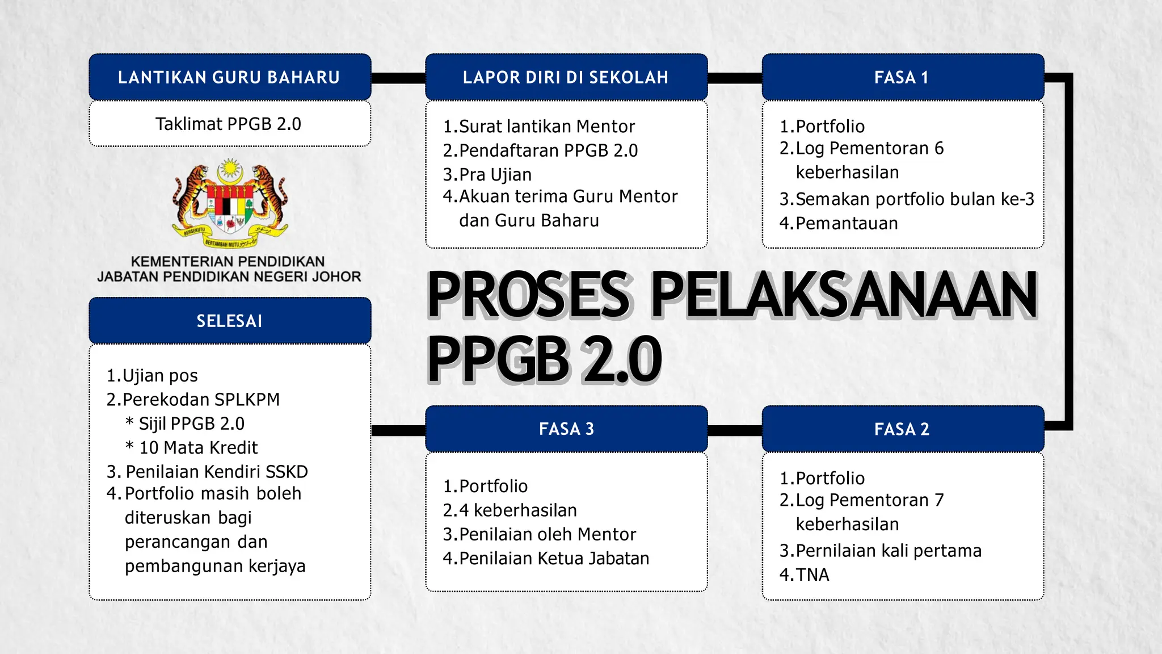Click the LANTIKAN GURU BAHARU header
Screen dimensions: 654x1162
pos(229,77)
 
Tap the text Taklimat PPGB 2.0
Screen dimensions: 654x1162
pos(229,124)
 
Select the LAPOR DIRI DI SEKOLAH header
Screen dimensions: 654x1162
pos(566,77)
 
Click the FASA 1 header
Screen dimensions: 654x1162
pos(902,77)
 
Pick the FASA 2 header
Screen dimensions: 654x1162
pos(902,429)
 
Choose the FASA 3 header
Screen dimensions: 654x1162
pos(566,429)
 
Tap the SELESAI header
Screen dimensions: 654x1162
pos(229,321)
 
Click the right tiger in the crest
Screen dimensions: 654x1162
pos(270,196)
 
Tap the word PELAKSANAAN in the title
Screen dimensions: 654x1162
pos(844,295)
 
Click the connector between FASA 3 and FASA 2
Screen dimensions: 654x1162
pos(735,430)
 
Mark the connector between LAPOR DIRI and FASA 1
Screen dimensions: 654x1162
pos(735,78)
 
